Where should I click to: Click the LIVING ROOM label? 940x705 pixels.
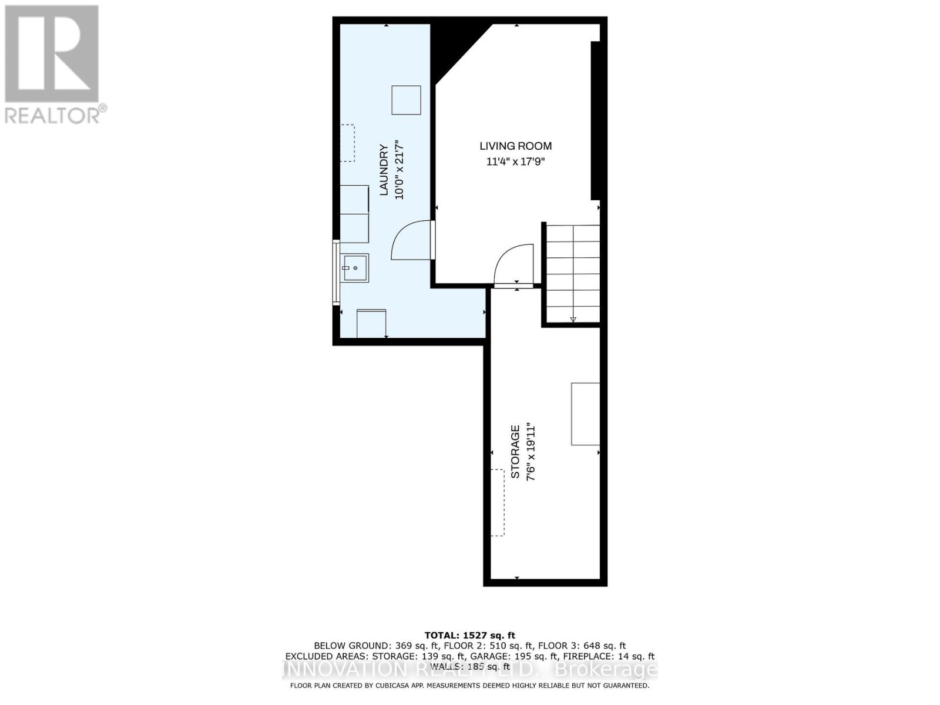click(x=515, y=146)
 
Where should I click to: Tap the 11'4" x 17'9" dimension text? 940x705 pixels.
click(x=515, y=162)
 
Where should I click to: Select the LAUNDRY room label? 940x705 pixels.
click(x=384, y=170)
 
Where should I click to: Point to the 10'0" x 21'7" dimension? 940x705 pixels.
click(x=399, y=170)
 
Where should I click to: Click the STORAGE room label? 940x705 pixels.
click(x=515, y=452)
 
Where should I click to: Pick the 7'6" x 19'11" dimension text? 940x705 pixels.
click(x=531, y=452)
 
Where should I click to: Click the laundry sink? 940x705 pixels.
click(x=355, y=268)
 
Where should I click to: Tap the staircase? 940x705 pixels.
click(x=573, y=273)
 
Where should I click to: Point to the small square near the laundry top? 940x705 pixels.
click(x=406, y=100)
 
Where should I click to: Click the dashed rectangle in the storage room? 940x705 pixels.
click(x=498, y=502)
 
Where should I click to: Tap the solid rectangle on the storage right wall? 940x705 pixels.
click(x=585, y=414)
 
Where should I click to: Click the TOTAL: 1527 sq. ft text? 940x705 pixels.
click(x=469, y=635)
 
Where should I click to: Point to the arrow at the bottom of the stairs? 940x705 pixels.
click(x=573, y=320)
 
